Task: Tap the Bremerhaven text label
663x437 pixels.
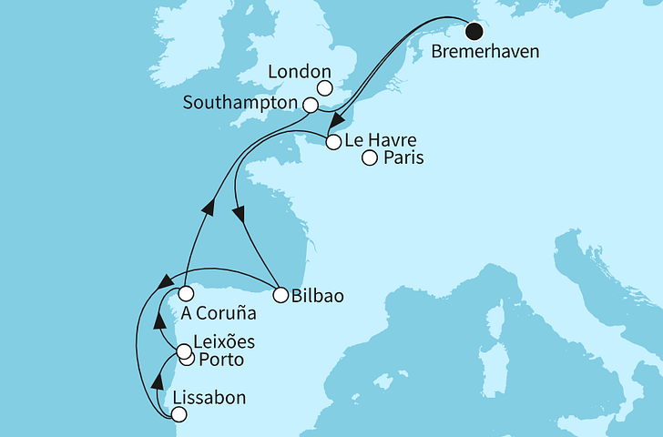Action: (x=486, y=53)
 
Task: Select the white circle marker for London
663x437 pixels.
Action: (x=324, y=89)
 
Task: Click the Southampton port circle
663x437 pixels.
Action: (x=311, y=106)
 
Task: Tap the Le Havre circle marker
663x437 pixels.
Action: (x=334, y=141)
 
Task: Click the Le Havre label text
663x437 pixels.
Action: (x=382, y=141)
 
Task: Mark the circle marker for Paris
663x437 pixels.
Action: (x=369, y=158)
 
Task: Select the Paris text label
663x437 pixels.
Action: (x=403, y=158)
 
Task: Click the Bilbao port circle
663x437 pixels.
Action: (x=279, y=294)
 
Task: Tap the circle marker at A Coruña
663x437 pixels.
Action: (x=186, y=294)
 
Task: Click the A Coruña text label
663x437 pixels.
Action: (x=218, y=314)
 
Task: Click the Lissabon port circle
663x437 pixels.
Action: (x=178, y=415)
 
